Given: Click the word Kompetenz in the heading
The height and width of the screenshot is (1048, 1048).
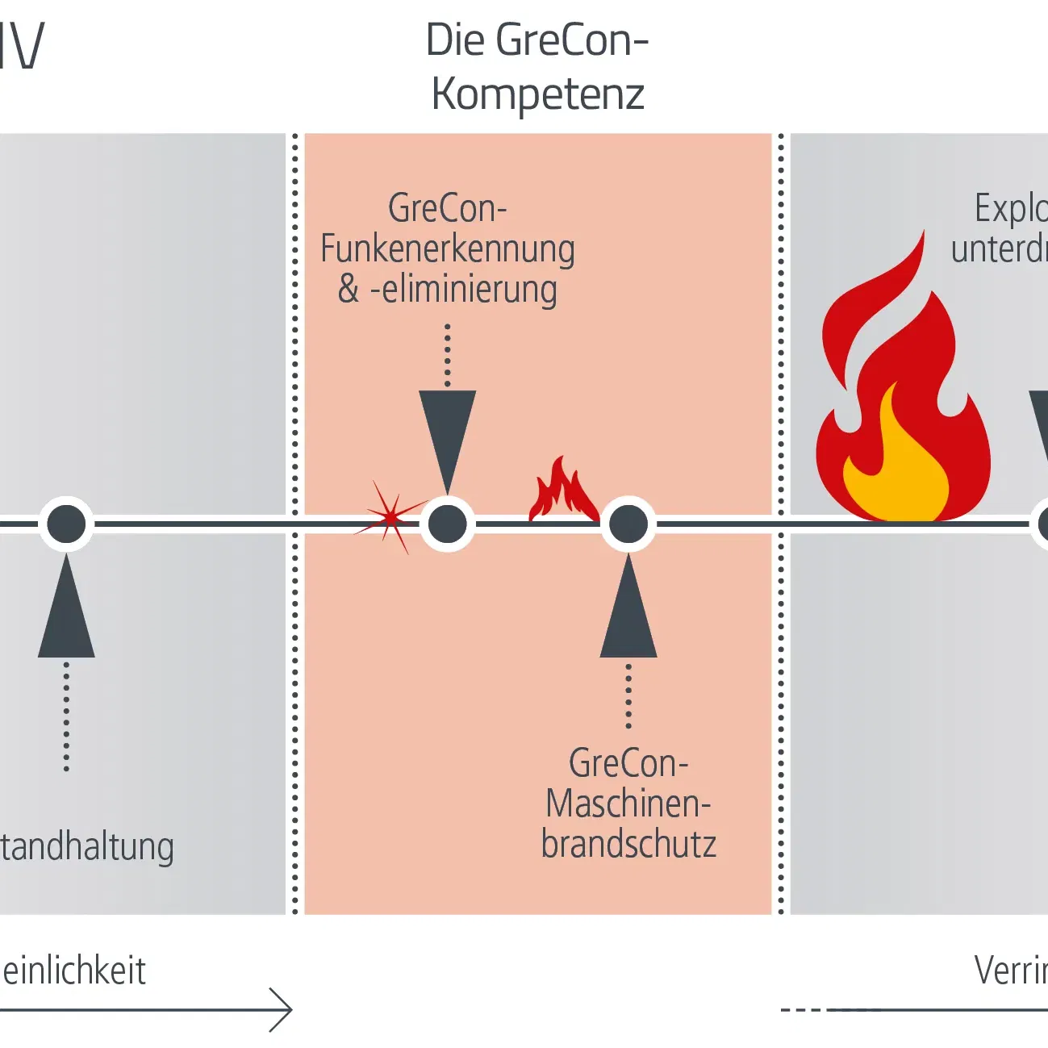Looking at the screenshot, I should pyautogui.click(x=537, y=94).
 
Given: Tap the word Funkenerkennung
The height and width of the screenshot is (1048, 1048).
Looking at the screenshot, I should pyautogui.click(x=447, y=249).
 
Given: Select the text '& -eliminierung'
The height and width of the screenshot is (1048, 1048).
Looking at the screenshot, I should pyautogui.click(x=447, y=290).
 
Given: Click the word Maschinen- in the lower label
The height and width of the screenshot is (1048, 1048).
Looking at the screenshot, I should pyautogui.click(x=628, y=804).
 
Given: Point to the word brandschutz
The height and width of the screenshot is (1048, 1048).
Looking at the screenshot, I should pyautogui.click(x=628, y=845).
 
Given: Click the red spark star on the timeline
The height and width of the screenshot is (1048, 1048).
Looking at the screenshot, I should pyautogui.click(x=391, y=518).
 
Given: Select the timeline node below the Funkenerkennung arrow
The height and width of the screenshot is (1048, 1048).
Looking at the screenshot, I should pyautogui.click(x=448, y=524).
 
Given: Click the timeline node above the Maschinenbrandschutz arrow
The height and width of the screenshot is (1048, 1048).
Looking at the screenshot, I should pyautogui.click(x=628, y=524).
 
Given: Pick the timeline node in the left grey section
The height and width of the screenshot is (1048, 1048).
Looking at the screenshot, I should pyautogui.click(x=66, y=524).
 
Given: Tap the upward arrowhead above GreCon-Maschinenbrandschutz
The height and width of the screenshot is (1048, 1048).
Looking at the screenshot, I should pyautogui.click(x=628, y=613).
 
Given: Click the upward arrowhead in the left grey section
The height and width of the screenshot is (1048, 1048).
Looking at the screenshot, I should pyautogui.click(x=66, y=613).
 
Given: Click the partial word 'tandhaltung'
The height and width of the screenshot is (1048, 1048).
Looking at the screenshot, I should pyautogui.click(x=87, y=848).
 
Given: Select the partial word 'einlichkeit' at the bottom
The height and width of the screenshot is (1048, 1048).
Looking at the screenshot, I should pyautogui.click(x=74, y=971).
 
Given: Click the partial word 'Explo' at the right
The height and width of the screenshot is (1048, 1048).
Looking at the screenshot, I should pyautogui.click(x=1010, y=209).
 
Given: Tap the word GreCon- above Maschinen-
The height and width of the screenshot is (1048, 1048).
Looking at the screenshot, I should pyautogui.click(x=628, y=763).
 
